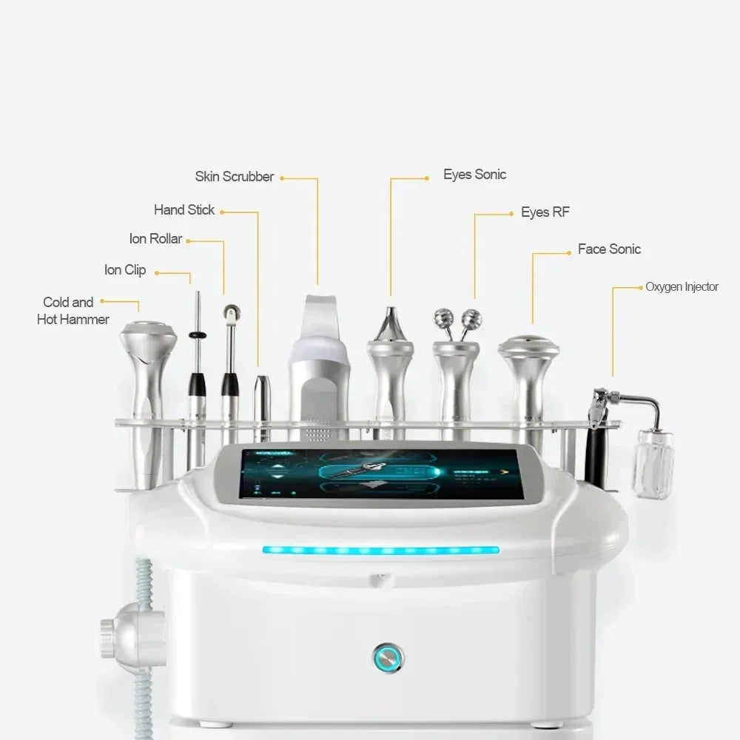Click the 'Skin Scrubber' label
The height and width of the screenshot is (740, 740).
click(234, 177)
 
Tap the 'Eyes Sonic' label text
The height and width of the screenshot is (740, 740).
click(474, 175)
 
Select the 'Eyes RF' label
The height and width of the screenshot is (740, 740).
click(545, 212)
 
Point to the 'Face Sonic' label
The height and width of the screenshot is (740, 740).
click(609, 249)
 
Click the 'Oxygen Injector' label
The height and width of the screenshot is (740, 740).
click(682, 287)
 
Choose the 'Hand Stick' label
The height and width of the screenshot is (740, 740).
click(184, 210)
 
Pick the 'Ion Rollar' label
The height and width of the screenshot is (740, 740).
click(155, 239)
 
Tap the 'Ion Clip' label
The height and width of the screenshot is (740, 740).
click(125, 270)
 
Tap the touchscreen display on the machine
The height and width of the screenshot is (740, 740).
click(381, 473)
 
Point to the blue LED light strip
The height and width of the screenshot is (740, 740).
click(380, 551)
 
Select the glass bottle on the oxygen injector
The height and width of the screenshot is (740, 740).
click(653, 463)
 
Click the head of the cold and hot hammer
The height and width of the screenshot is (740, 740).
click(148, 337)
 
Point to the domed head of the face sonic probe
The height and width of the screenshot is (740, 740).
click(528, 345)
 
